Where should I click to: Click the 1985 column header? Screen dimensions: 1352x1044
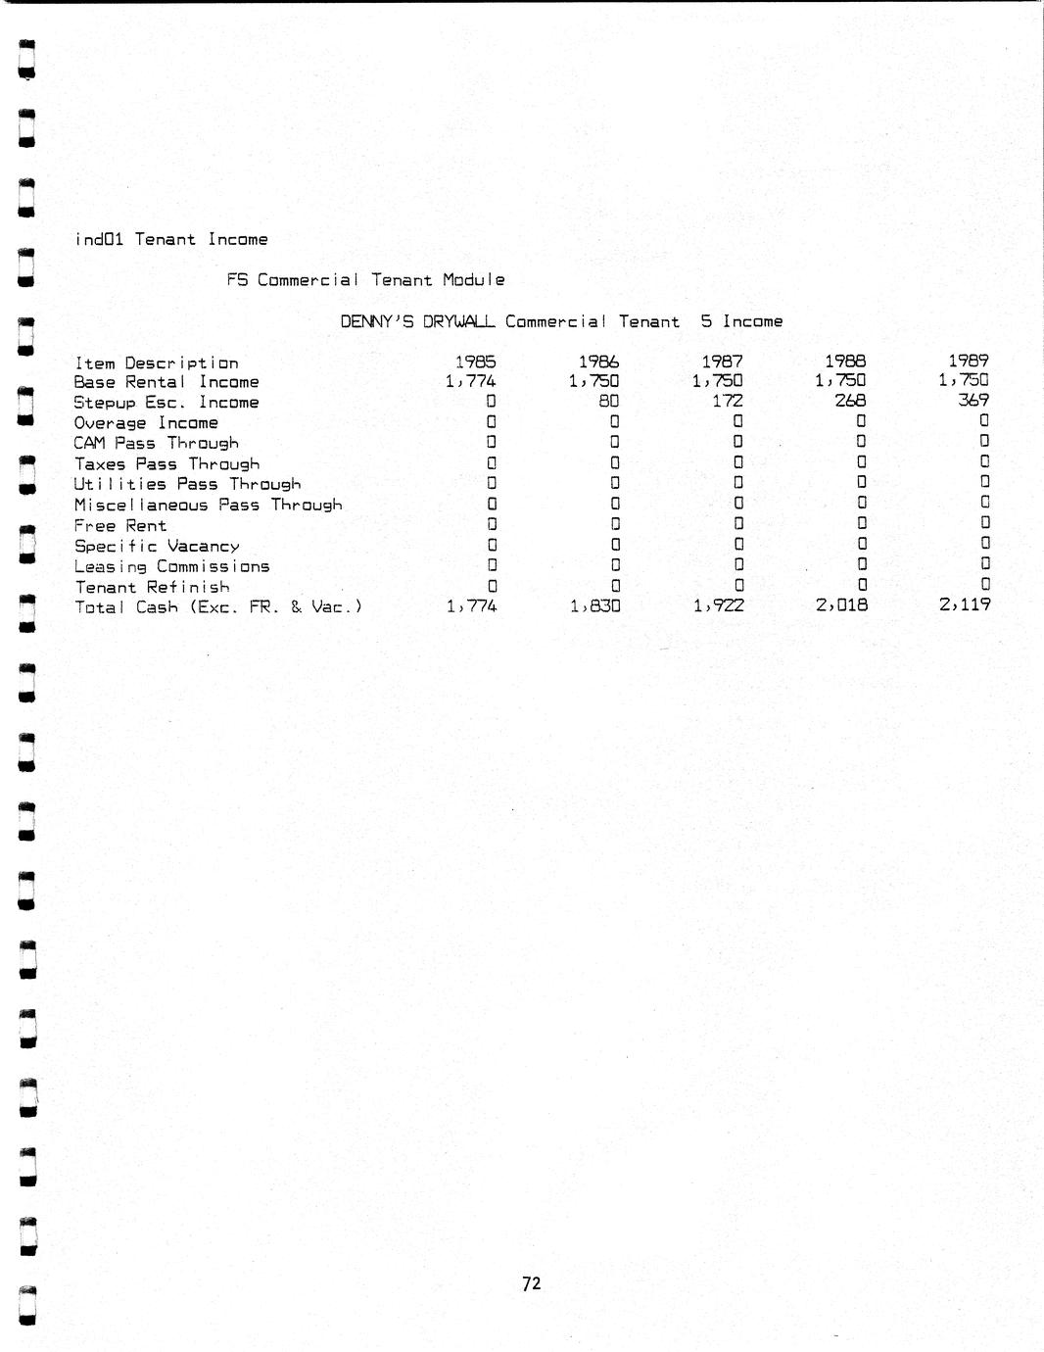pos(476,362)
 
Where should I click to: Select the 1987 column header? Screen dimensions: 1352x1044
pos(723,362)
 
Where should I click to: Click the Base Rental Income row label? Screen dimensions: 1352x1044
pos(166,382)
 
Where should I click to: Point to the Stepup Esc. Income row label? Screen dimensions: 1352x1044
pos(166,403)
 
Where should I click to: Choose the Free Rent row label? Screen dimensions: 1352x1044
pos(120,525)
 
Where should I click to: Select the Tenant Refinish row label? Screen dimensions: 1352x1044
pos(152,587)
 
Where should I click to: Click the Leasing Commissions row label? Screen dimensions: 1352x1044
pos(171,566)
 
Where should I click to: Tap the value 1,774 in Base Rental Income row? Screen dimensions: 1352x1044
pos(471,381)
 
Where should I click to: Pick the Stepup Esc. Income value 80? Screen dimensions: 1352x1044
pos(608,401)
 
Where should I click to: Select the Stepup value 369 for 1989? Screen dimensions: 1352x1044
pos(973,400)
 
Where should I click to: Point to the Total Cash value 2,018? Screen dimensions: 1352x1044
pos(841,605)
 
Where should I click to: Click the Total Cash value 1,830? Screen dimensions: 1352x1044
pos(594,606)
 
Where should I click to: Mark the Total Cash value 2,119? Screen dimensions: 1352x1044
pos(965,605)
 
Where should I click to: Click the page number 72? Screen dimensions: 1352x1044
pos(532,1283)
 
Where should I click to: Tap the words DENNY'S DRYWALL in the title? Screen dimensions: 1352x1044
pos(417,321)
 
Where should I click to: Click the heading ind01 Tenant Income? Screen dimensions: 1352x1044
pos(171,239)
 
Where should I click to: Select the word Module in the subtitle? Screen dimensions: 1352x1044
pos(473,280)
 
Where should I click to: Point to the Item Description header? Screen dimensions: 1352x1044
pos(157,363)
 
